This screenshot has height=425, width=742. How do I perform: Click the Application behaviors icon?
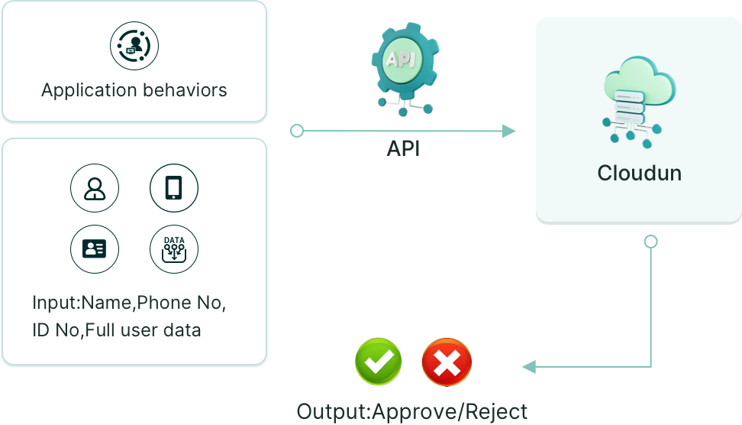[x=134, y=46]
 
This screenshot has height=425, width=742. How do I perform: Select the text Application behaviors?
[x=134, y=90]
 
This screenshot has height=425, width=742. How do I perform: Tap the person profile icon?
[x=95, y=188]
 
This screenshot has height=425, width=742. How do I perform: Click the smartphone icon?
[x=174, y=188]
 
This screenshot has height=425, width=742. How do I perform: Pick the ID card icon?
[x=95, y=248]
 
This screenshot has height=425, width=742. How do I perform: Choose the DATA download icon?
[x=174, y=248]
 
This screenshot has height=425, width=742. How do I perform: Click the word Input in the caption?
[x=55, y=303]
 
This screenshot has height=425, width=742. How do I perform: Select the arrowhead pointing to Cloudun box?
[x=509, y=131]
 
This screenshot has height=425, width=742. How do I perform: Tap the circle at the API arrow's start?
[x=297, y=131]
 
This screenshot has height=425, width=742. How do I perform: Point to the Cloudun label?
[x=639, y=174]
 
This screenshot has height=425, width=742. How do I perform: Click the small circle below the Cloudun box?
[x=650, y=242]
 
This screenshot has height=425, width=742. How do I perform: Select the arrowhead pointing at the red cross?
[x=528, y=367]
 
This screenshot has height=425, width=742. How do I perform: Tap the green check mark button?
[x=379, y=362]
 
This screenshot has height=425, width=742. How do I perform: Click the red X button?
[x=447, y=362]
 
